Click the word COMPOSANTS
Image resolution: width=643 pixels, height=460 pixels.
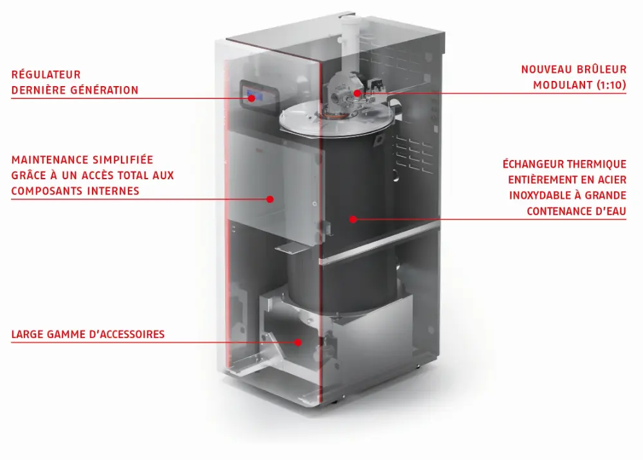(x=47, y=190)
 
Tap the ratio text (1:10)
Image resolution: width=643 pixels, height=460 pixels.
(x=608, y=85)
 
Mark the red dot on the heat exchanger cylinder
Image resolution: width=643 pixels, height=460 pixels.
(x=353, y=219)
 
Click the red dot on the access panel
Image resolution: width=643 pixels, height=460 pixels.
(x=271, y=199)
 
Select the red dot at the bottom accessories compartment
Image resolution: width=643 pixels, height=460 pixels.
(x=298, y=342)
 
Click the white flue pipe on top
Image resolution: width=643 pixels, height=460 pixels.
(x=350, y=39)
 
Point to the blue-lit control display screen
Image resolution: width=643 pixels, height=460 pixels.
(x=257, y=96)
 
